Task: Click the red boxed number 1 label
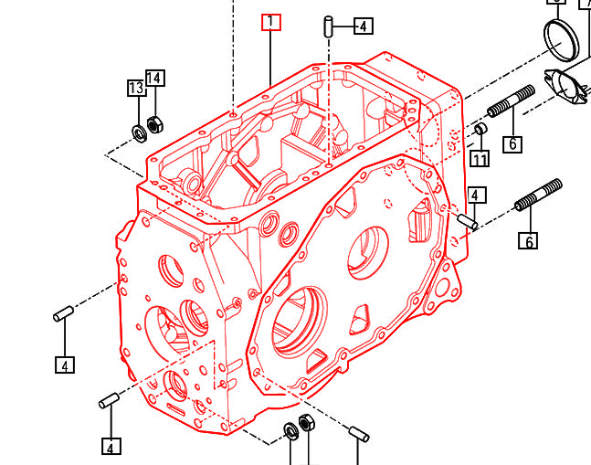pyautogui.click(x=270, y=22)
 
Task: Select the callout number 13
pyautogui.click(x=136, y=88)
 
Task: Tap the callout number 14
pyautogui.click(x=154, y=78)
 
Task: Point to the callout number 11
pyautogui.click(x=480, y=159)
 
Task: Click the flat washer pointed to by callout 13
pyautogui.click(x=140, y=133)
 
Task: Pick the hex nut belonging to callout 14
pyautogui.click(x=154, y=122)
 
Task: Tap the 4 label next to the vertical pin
pyautogui.click(x=364, y=26)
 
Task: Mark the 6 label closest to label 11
pyautogui.click(x=512, y=143)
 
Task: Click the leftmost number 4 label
pyautogui.click(x=64, y=365)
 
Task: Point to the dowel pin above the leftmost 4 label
pyautogui.click(x=64, y=315)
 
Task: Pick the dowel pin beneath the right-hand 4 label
pyautogui.click(x=468, y=221)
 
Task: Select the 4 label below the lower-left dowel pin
pyautogui.click(x=111, y=447)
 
